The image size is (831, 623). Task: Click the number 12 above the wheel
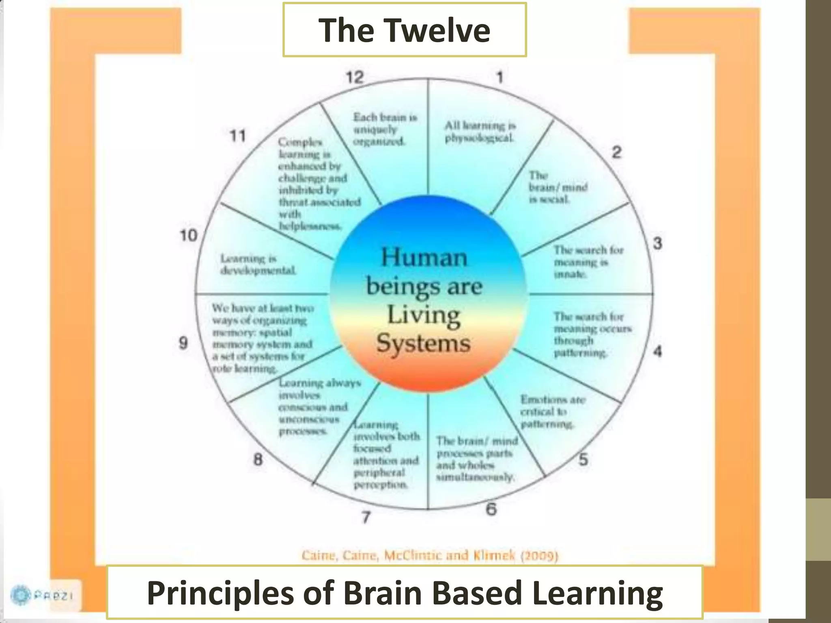355,77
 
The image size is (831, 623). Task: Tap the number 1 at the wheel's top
500,77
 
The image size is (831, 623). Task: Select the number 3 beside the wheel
657,243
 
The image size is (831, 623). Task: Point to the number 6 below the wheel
491,509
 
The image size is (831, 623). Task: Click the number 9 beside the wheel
183,343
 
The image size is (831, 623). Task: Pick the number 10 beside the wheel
189,235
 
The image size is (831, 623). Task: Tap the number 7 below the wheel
366,517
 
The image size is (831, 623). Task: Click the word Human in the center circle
424,258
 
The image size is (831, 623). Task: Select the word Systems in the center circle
423,344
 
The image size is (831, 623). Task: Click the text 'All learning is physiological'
480,131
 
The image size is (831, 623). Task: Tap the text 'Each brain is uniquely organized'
384,129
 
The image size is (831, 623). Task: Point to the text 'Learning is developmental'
258,264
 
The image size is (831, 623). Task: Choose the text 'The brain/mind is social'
558,187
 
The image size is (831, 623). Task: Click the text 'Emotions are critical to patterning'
552,412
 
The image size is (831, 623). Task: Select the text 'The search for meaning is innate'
588,262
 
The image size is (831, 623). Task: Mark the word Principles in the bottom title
220,593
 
